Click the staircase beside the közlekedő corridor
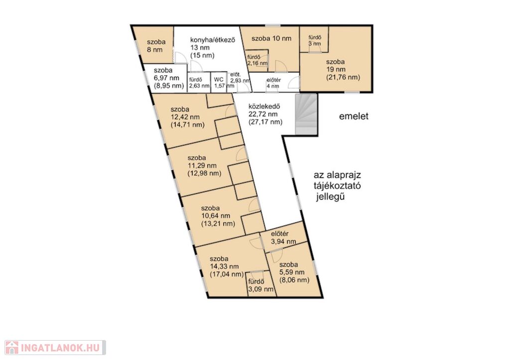click(306, 114)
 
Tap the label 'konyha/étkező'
click(212, 40)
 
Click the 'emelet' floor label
click(354, 116)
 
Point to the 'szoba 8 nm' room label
click(156, 45)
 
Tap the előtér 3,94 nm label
click(283, 238)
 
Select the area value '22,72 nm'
click(263, 114)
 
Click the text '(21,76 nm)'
click(343, 77)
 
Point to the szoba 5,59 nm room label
click(294, 272)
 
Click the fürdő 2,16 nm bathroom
click(257, 60)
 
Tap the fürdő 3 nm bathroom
click(315, 40)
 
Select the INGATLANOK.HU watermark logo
click(55, 348)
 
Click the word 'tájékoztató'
click(337, 186)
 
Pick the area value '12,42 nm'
click(185, 117)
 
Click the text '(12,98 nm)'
click(204, 173)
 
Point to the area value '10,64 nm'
click(215, 216)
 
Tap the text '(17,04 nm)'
click(227, 274)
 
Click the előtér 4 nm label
click(273, 83)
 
